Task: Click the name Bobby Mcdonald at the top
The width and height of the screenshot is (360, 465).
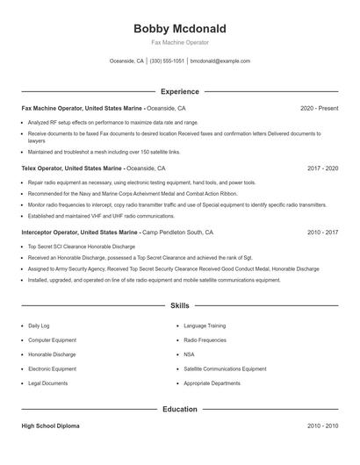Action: point(179,28)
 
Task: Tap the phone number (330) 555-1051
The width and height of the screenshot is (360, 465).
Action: point(167,61)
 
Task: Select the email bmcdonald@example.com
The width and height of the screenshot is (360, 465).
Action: point(220,61)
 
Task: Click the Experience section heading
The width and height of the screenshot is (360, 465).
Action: point(179,91)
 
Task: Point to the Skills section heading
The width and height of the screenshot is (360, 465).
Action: point(179,306)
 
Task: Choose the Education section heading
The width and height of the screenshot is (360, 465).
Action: point(179,409)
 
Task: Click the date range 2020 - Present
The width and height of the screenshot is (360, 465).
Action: point(319,108)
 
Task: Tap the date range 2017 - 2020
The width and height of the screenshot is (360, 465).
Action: point(323,167)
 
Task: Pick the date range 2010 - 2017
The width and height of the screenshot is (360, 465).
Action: point(323,232)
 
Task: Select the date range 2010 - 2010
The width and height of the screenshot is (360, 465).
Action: point(323,426)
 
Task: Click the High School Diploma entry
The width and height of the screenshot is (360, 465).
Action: point(52,426)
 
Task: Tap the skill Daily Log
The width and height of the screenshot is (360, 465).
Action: point(40,325)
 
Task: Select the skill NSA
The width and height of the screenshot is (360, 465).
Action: point(190,354)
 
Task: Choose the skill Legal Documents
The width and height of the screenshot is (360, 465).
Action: point(48,384)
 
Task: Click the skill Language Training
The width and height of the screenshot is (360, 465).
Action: point(206,325)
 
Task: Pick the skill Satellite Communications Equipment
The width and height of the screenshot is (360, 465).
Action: point(225,369)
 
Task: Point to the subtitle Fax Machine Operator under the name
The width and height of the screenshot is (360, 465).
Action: point(179,42)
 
